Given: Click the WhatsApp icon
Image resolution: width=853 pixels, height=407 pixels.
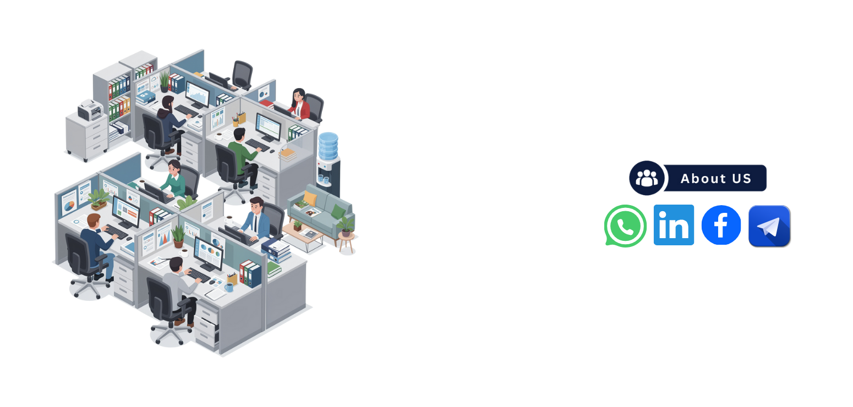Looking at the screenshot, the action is (x=625, y=226).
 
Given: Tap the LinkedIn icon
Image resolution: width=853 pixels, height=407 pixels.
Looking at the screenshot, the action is (x=674, y=225).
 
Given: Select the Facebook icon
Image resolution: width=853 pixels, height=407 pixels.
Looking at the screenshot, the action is (x=721, y=225).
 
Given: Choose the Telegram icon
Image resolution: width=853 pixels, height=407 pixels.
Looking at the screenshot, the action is (x=769, y=226).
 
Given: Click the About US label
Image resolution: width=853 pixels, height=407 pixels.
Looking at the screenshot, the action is (x=715, y=178).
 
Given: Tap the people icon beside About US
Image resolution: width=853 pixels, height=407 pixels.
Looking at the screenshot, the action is (x=647, y=178).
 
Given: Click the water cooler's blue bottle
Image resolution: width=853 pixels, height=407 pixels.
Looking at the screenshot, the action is (x=328, y=146).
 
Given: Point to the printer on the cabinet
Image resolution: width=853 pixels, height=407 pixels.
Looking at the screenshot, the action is (x=90, y=110).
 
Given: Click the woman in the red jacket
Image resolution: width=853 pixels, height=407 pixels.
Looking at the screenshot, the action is (x=300, y=104).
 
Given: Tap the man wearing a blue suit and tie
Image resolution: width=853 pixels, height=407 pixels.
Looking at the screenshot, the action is (x=256, y=219).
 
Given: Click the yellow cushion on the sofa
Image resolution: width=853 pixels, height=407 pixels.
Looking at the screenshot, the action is (x=310, y=199).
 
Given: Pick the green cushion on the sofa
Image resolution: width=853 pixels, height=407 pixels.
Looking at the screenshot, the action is (x=338, y=211).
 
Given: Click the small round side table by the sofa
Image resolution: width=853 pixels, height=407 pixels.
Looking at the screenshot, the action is (x=347, y=242).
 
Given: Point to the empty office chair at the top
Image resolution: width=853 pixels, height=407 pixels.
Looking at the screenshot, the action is (x=242, y=75).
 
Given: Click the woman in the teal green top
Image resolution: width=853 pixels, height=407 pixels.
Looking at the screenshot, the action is (x=174, y=178).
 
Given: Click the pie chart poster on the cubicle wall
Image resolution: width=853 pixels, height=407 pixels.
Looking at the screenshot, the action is (x=69, y=202).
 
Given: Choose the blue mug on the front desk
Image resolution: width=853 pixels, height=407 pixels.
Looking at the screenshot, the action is (x=228, y=287).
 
